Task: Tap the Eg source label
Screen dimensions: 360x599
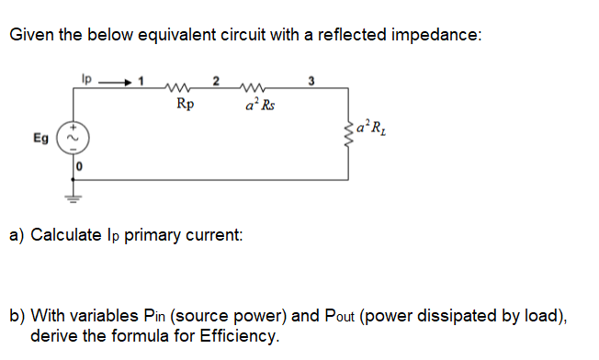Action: (42, 139)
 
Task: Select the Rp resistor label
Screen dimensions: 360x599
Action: (184, 104)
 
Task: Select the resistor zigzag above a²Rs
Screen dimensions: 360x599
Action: (252, 88)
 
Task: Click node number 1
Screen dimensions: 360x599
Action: (141, 80)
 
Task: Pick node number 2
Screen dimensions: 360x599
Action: (216, 80)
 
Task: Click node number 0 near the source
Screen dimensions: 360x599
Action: (80, 167)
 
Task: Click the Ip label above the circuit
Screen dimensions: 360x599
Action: (87, 78)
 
